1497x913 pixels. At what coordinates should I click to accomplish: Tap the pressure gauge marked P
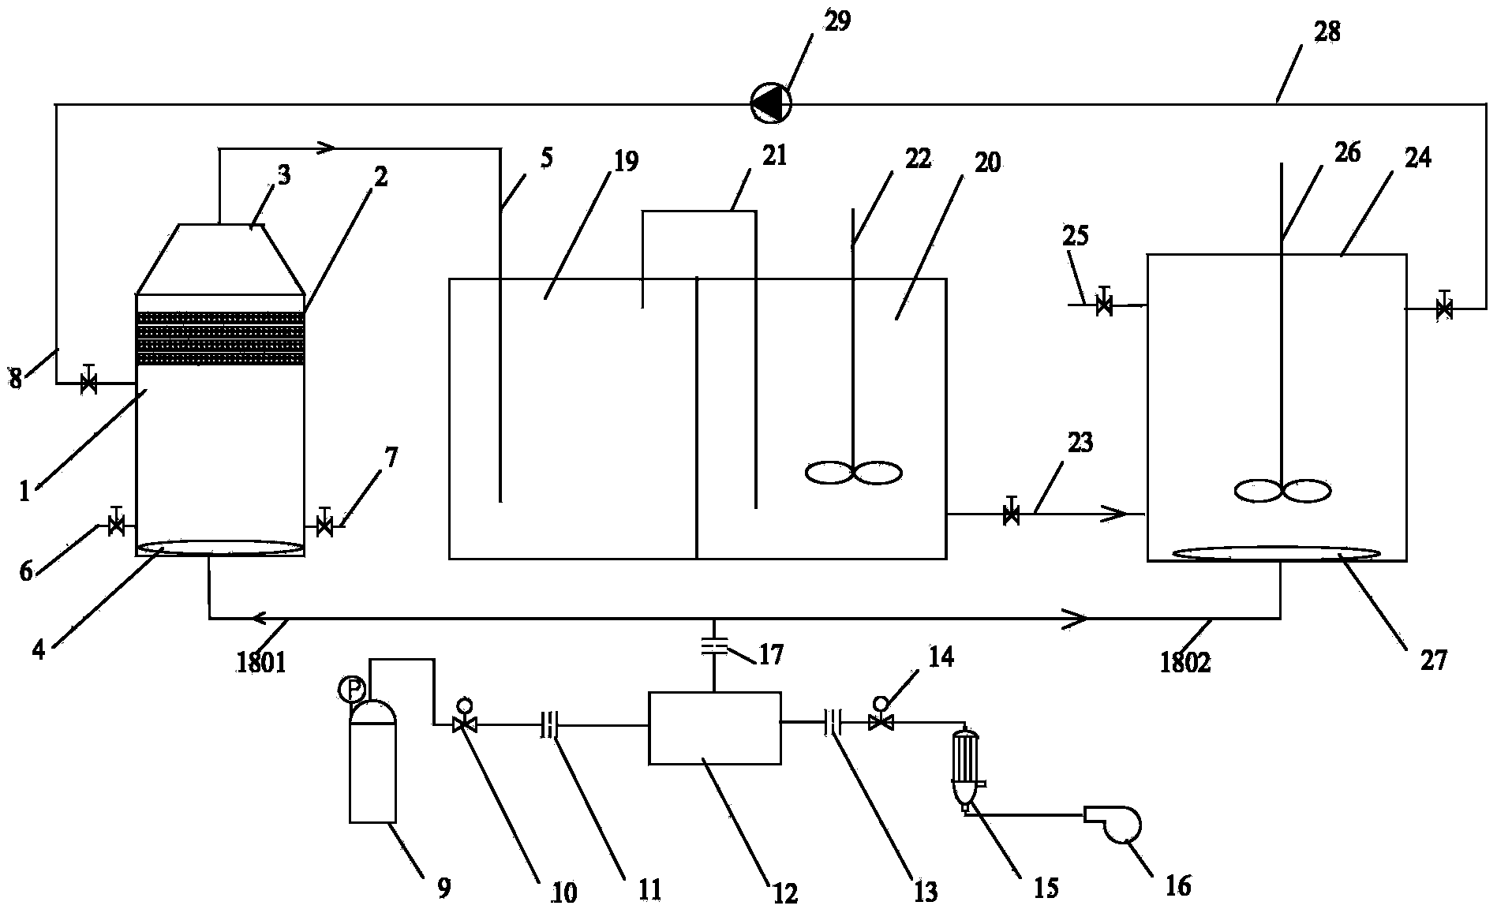(x=350, y=690)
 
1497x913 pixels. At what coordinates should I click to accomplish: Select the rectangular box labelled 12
(x=714, y=728)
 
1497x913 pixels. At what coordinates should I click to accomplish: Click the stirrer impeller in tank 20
(x=854, y=473)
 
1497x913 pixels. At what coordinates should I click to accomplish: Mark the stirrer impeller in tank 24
(x=1283, y=491)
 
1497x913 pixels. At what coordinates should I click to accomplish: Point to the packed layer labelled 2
(x=221, y=338)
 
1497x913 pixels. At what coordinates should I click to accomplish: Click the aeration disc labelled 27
(x=1277, y=552)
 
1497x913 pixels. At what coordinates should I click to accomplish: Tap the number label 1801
(x=261, y=663)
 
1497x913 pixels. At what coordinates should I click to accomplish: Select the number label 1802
(x=1185, y=663)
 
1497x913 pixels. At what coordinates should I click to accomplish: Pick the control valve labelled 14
(x=880, y=715)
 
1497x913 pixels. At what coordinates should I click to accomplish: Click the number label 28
(x=1327, y=32)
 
